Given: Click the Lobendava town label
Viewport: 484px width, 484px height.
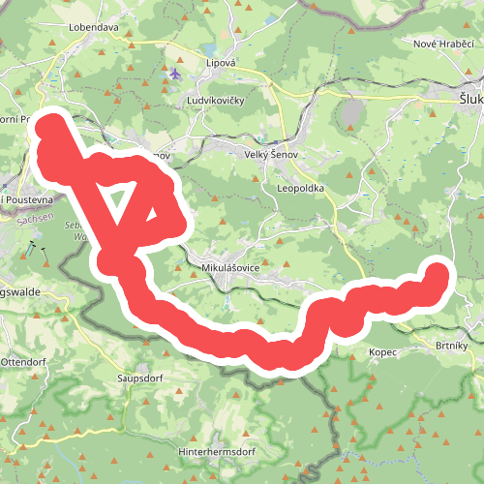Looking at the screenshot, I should [93, 28].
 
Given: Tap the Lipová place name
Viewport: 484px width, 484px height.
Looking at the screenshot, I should [221, 62].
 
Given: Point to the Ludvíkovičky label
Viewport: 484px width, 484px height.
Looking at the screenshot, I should [221, 100].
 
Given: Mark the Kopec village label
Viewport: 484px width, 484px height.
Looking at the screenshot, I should [382, 353].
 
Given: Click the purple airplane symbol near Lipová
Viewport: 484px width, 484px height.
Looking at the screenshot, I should [174, 74].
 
